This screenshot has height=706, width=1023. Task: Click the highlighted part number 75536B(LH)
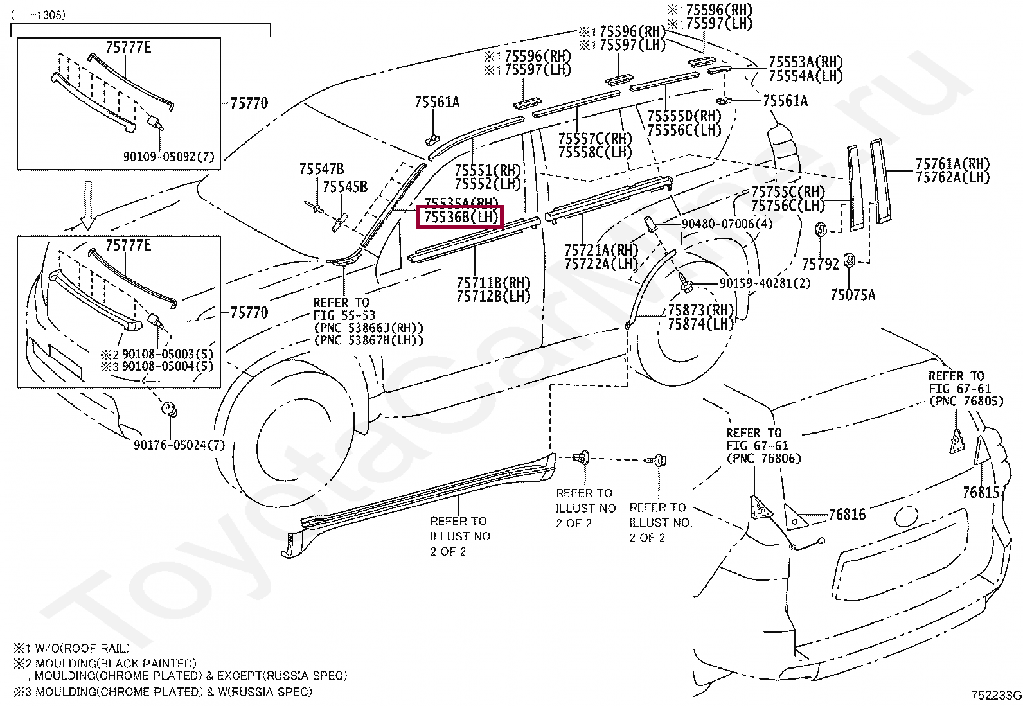(x=460, y=217)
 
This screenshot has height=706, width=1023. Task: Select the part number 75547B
(x=321, y=170)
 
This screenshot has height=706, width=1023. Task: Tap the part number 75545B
(x=344, y=187)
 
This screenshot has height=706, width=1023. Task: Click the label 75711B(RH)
(x=494, y=283)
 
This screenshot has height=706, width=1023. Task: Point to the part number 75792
(x=820, y=263)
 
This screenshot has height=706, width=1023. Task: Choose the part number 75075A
(x=852, y=295)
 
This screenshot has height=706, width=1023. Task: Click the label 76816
(x=847, y=515)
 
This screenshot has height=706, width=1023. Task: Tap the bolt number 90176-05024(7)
(x=179, y=445)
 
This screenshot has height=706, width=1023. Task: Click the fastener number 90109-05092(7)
(x=170, y=156)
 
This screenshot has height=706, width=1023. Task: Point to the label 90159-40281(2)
(x=756, y=283)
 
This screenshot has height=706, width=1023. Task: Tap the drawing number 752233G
(x=995, y=695)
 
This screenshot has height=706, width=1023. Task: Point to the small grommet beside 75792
(x=821, y=230)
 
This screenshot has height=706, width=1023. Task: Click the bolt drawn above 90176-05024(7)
(x=169, y=409)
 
